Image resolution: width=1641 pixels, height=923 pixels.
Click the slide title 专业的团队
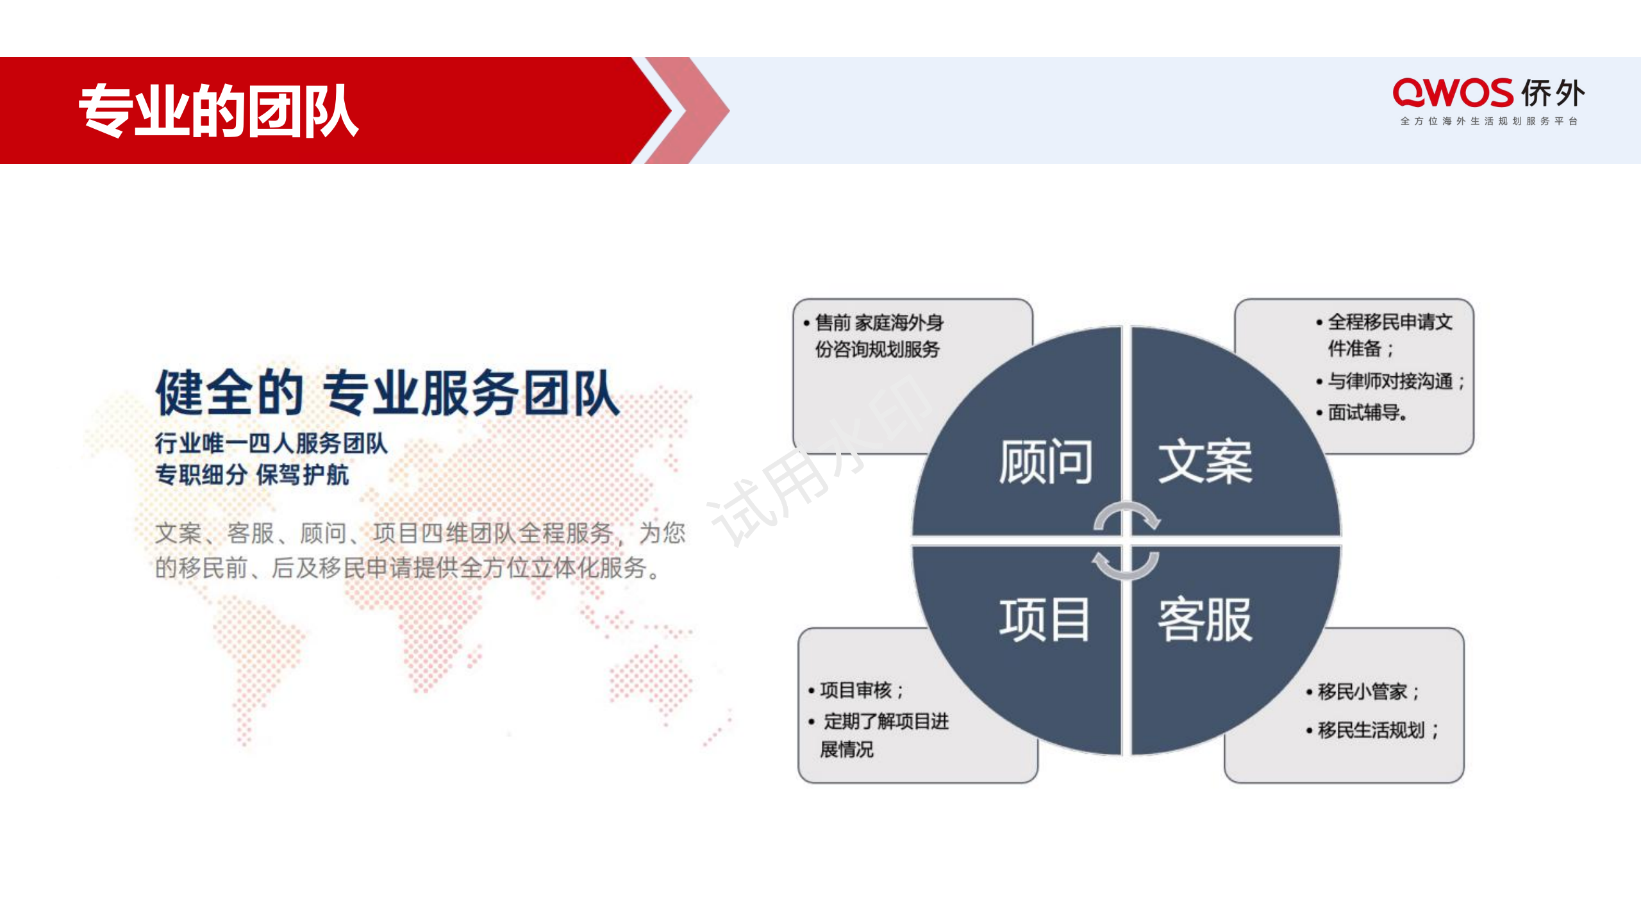218,110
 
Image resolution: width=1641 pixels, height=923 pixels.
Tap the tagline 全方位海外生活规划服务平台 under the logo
1488,121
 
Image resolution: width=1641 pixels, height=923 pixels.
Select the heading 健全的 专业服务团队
387,392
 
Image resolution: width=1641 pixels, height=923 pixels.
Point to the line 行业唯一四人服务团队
271,443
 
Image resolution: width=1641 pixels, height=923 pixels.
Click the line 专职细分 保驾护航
252,475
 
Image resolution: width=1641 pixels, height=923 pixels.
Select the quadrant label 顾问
1045,462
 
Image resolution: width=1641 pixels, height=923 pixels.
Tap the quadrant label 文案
1205,462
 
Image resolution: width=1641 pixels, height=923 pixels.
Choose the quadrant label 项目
1044,619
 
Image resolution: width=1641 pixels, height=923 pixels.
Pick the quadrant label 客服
1205,619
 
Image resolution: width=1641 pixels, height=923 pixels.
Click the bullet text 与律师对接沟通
1390,381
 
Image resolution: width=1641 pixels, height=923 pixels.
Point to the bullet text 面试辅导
1364,412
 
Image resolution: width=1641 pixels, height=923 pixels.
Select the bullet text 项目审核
856,690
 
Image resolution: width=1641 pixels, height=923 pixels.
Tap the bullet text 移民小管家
1363,692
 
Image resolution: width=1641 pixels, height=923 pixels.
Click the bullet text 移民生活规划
1372,730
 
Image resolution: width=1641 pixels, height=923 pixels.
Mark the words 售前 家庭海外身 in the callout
879,322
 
